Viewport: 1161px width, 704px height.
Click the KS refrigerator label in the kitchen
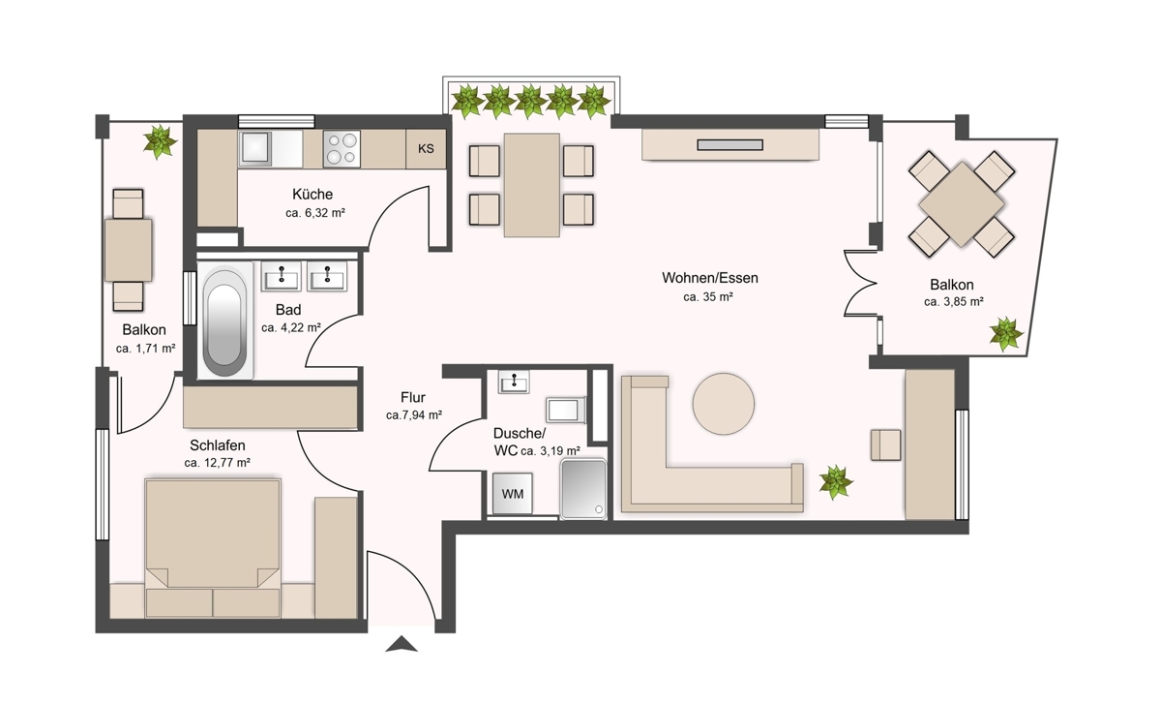pyautogui.click(x=426, y=149)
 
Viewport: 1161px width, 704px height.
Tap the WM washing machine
pyautogui.click(x=512, y=493)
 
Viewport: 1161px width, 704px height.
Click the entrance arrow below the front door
pyautogui.click(x=402, y=644)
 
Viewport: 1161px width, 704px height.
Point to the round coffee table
pyautogui.click(x=724, y=404)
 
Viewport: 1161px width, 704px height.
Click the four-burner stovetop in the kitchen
pyautogui.click(x=342, y=149)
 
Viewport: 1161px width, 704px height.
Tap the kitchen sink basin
pyautogui.click(x=254, y=148)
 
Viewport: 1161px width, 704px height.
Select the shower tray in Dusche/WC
pyautogui.click(x=583, y=488)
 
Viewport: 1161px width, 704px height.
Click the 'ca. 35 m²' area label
pyautogui.click(x=708, y=296)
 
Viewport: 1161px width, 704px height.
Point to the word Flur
pyautogui.click(x=412, y=397)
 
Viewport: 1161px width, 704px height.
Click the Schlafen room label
pyautogui.click(x=217, y=445)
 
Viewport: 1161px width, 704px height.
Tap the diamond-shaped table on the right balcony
pyautogui.click(x=962, y=204)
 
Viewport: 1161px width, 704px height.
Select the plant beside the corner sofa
pyautogui.click(x=836, y=482)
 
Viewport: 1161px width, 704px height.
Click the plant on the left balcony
pyautogui.click(x=161, y=141)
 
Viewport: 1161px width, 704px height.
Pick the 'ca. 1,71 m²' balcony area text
pyautogui.click(x=146, y=349)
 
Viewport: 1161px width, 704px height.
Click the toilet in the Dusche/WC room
pyautogui.click(x=565, y=411)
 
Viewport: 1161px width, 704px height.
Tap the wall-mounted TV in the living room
pyautogui.click(x=729, y=144)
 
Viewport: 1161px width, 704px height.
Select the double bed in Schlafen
pyautogui.click(x=213, y=548)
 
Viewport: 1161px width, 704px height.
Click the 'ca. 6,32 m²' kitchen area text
pyautogui.click(x=315, y=213)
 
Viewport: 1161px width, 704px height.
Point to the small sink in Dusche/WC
pyautogui.click(x=514, y=382)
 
